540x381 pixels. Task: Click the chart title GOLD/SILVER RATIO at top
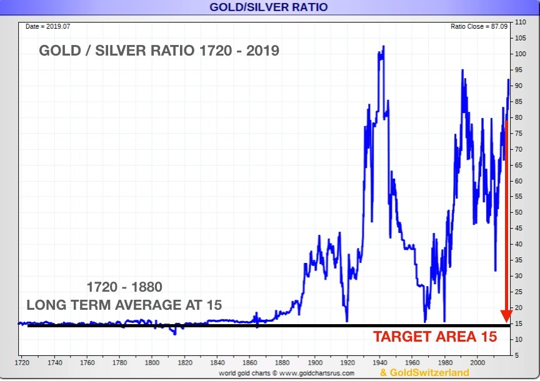269,7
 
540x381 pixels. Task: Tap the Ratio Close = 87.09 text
479,26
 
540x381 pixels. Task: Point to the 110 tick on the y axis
521,22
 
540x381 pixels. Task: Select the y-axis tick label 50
519,212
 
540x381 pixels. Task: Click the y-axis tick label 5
518,355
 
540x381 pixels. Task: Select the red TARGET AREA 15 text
435,337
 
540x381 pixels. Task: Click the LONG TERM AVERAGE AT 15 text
124,305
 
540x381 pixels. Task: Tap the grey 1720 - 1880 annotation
124,287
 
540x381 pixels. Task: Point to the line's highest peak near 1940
383,46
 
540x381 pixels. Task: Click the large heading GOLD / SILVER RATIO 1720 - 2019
159,51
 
